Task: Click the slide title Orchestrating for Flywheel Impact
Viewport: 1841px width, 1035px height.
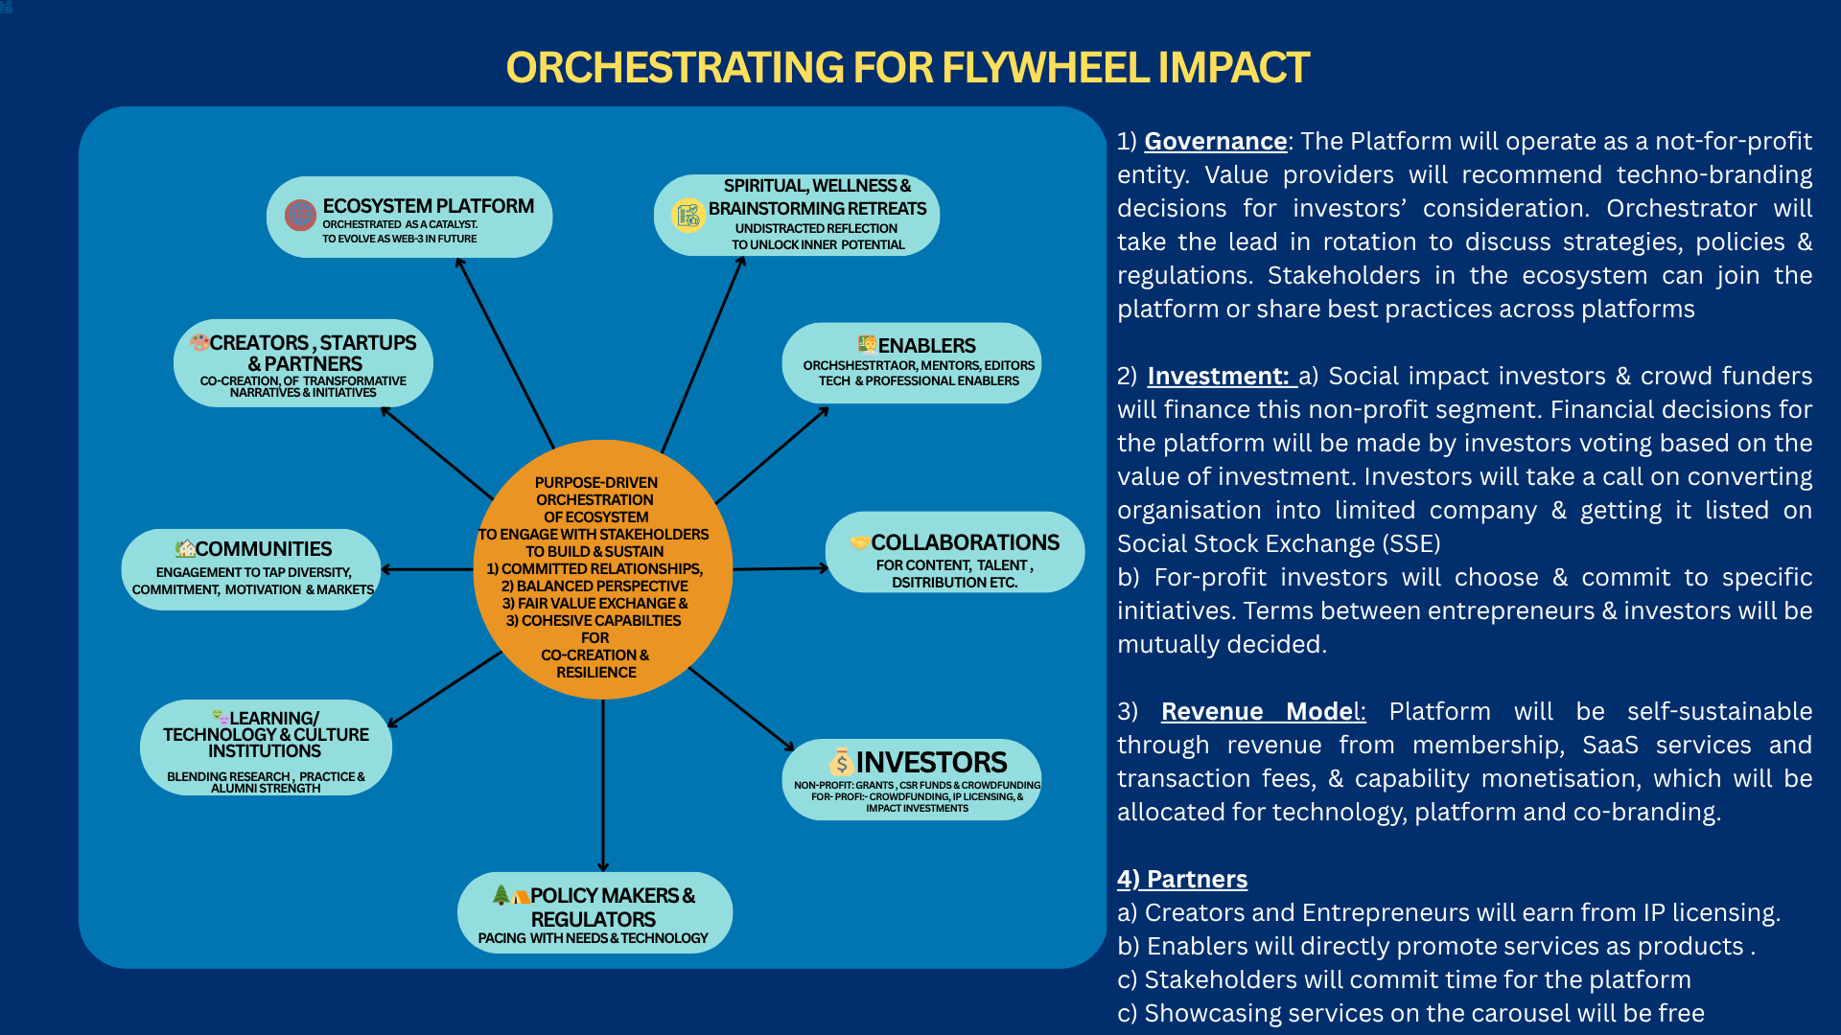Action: [907, 68]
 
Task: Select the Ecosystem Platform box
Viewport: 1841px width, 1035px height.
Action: [409, 218]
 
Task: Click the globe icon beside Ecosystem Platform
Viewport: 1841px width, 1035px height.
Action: [300, 215]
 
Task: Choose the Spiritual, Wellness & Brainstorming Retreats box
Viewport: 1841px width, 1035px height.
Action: [796, 215]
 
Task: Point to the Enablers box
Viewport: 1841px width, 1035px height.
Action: [911, 363]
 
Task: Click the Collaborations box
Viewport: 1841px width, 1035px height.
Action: [954, 552]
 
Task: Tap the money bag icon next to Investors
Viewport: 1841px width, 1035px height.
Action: [841, 762]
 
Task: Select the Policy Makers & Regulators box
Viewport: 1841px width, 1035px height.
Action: [594, 912]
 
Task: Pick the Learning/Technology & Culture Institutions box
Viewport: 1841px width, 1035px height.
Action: [266, 747]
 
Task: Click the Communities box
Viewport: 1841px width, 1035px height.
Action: [251, 569]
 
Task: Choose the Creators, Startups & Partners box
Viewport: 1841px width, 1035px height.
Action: [303, 363]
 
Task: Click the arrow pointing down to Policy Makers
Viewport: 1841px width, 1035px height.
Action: [603, 786]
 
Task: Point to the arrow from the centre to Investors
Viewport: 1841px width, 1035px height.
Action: [741, 708]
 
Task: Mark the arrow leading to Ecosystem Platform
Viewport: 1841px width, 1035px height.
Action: [505, 353]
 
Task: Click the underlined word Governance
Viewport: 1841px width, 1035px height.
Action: [1215, 142]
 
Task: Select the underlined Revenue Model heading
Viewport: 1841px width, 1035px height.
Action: [1262, 712]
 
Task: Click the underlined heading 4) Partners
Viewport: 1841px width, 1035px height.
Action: [1182, 880]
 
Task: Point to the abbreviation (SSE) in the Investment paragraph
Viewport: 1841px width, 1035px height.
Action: [1410, 544]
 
